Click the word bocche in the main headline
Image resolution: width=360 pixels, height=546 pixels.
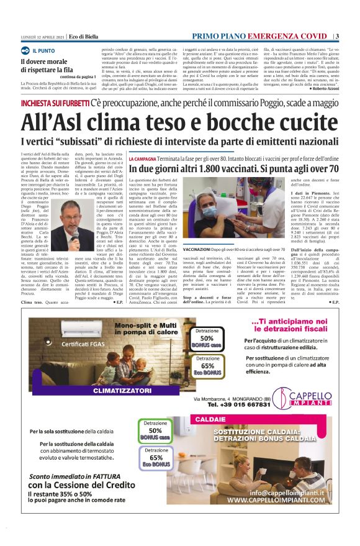click(x=234, y=121)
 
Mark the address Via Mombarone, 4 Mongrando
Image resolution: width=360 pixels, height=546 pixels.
click(x=228, y=398)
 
